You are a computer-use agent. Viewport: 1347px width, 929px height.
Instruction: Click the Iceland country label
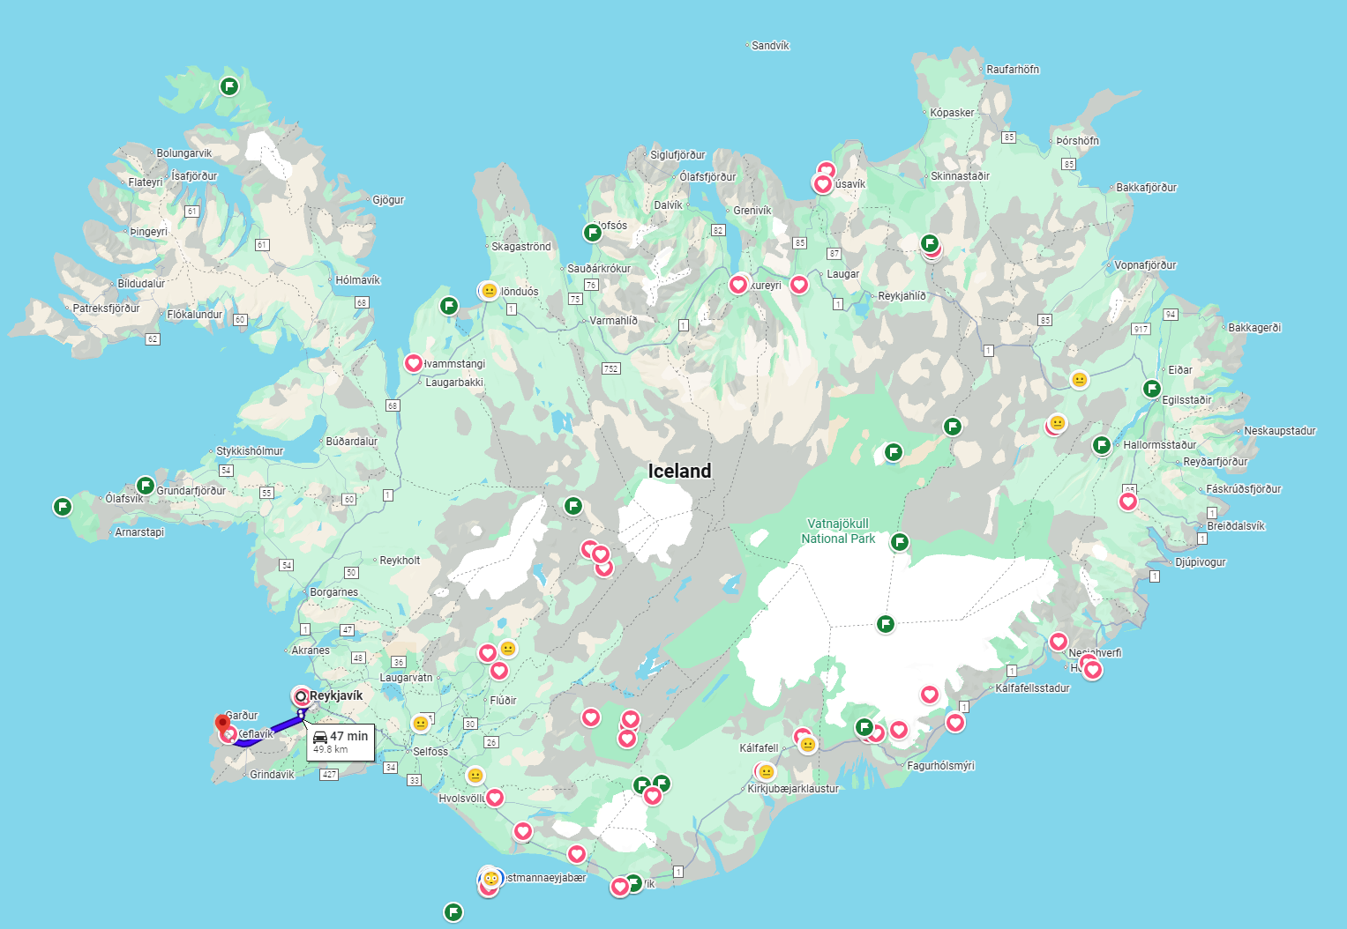tap(679, 472)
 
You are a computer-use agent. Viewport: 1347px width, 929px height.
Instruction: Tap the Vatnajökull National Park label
tap(838, 531)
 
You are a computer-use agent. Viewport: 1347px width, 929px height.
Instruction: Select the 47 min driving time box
tap(340, 742)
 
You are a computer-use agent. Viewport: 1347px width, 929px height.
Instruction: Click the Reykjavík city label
tap(336, 695)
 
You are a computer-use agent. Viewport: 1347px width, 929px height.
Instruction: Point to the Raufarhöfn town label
tap(1012, 70)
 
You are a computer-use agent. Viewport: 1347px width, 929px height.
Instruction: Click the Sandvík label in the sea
tap(770, 46)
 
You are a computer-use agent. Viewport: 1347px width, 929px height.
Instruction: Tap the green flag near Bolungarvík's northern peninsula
tap(229, 86)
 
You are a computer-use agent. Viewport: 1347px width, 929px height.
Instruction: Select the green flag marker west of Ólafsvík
tap(62, 507)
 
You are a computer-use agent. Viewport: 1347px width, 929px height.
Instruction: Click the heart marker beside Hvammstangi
tap(413, 363)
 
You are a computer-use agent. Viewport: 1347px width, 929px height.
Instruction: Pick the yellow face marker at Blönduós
tap(489, 291)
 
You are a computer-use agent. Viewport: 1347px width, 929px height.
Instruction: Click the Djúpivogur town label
tap(1200, 562)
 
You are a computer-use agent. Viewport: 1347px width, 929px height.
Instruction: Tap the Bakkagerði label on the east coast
tap(1253, 328)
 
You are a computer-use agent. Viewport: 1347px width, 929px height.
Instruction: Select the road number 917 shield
tap(1141, 329)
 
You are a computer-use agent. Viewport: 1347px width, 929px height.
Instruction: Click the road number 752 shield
tap(610, 368)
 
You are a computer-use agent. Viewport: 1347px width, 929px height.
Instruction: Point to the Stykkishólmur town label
tap(250, 451)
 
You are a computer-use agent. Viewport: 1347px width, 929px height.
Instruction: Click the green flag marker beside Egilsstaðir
tap(1152, 389)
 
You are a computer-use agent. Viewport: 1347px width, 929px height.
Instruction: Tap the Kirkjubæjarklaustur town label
tap(793, 789)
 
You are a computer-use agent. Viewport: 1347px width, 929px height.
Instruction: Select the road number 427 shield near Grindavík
tap(329, 775)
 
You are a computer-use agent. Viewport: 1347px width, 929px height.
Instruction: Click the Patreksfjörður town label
tap(106, 308)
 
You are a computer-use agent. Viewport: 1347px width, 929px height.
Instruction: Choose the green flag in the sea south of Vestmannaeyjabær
tap(453, 911)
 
